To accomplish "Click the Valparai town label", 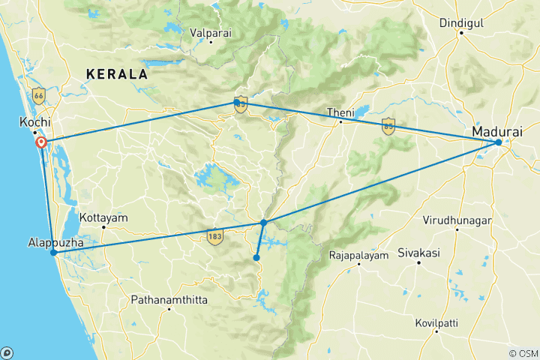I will pyautogui.click(x=211, y=33).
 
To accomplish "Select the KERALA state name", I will pyautogui.click(x=116, y=73).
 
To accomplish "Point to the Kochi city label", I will pyautogui.click(x=34, y=122).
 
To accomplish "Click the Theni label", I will pyautogui.click(x=340, y=112).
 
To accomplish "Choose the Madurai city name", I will pyautogui.click(x=496, y=131).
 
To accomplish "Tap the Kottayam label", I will pyautogui.click(x=103, y=217).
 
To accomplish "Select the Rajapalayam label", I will pyautogui.click(x=358, y=256).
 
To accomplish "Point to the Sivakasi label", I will pyautogui.click(x=418, y=253).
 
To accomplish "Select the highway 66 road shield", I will pyautogui.click(x=39, y=94).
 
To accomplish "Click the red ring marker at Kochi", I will pyautogui.click(x=41, y=142).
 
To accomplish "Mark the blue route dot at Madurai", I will pyautogui.click(x=499, y=142).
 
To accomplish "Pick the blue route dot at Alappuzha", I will pyautogui.click(x=53, y=253).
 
